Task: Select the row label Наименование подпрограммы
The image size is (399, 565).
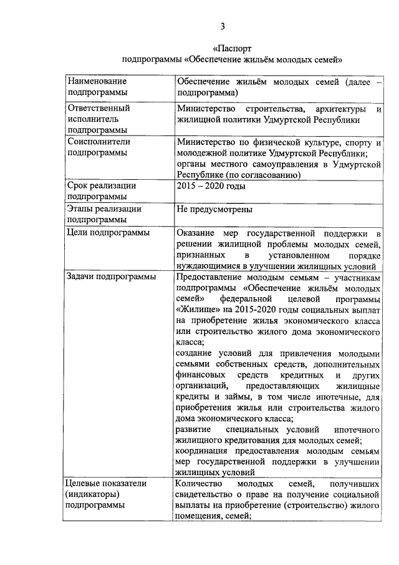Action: (97, 87)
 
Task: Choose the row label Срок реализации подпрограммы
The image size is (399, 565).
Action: (102, 191)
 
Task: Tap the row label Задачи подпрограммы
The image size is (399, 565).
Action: (112, 277)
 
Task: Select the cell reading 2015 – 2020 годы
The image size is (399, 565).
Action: (211, 186)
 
